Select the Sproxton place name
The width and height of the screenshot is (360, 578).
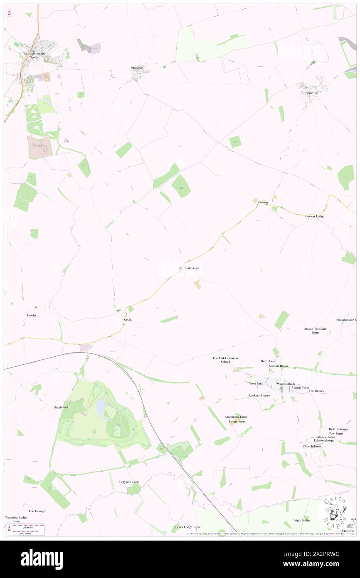(x=312, y=93)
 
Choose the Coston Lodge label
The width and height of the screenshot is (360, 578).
(x=315, y=216)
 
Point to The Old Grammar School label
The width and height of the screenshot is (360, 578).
(x=225, y=360)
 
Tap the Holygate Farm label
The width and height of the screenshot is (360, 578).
(x=130, y=482)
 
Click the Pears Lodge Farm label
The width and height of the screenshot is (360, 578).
(x=187, y=527)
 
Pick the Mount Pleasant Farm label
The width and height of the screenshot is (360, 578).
(x=315, y=331)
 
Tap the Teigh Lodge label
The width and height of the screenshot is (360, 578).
(x=301, y=520)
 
